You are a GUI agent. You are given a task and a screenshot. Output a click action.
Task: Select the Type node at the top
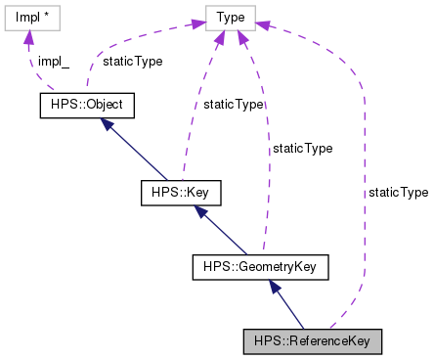(231, 18)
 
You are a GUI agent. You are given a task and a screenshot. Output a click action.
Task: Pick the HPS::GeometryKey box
(260, 265)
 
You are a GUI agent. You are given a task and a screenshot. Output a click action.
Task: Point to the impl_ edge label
(54, 61)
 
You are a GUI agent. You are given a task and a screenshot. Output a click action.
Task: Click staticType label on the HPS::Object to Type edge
(132, 61)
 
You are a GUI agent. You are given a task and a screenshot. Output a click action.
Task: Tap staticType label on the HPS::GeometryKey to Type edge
(302, 149)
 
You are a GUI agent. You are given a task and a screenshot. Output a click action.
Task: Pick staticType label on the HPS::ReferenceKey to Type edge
(398, 193)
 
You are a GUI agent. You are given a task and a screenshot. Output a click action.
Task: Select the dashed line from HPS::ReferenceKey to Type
(364, 196)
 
